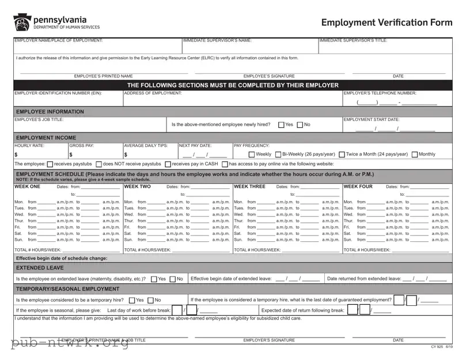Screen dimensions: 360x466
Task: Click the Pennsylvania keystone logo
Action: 22,22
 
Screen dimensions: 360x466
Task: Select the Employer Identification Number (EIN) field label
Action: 58,93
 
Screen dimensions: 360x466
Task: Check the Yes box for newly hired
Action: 281,124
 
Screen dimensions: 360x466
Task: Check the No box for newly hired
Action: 300,124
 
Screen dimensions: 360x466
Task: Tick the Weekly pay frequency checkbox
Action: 252,154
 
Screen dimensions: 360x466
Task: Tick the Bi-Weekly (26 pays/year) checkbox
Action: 278,154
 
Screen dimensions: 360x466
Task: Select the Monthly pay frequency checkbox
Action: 415,154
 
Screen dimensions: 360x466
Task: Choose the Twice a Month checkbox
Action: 342,154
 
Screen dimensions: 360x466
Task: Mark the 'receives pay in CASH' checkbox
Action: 168,164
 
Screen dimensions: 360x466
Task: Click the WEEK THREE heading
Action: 249,187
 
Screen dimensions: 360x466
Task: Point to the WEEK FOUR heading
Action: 358,187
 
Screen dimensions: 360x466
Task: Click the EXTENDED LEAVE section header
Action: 40,268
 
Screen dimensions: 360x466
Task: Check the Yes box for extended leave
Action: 154,279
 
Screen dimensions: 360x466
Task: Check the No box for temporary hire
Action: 151,300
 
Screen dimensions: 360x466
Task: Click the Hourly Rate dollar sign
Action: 16,154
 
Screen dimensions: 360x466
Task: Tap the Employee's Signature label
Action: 269,76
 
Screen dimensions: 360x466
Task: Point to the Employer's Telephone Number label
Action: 380,93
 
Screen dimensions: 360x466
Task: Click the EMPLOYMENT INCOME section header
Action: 46,138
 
